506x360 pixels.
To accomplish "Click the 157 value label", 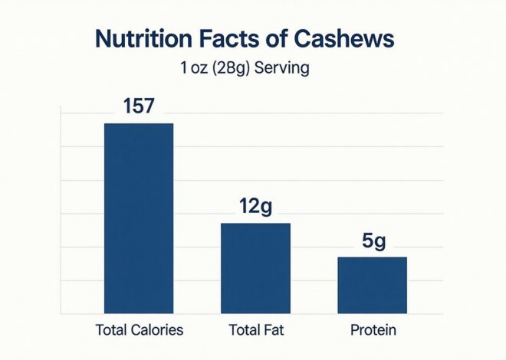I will [x=139, y=107].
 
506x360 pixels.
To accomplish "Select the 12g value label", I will [x=255, y=207].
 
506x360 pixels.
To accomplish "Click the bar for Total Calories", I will [x=139, y=218].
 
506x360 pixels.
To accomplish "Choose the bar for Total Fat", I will [x=255, y=268].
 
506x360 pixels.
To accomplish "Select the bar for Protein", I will [x=373, y=285].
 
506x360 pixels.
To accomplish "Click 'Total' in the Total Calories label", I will [x=110, y=331].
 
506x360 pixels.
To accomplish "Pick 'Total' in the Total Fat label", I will [x=244, y=331].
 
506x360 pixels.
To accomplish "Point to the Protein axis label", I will [x=373, y=331].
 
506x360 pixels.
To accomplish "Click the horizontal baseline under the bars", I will [x=253, y=314].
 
